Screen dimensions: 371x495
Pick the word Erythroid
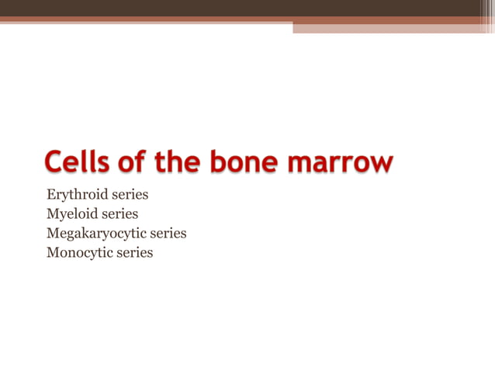(75, 195)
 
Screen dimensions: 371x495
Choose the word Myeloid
(71, 214)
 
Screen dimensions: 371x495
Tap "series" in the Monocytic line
(134, 253)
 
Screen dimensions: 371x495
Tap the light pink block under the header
(393, 27)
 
